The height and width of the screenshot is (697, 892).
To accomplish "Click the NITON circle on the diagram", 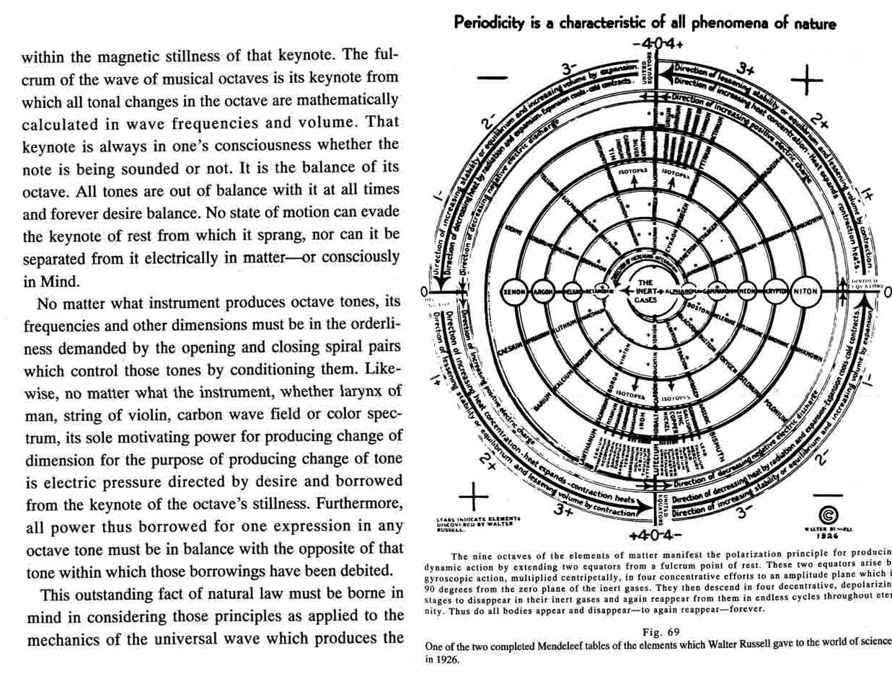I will (805, 292).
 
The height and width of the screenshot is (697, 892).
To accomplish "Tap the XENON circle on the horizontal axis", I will (515, 292).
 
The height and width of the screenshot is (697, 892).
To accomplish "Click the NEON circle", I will (749, 292).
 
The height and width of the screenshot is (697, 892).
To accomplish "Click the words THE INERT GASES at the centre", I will (645, 291).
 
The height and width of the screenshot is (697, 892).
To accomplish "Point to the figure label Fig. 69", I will (661, 632).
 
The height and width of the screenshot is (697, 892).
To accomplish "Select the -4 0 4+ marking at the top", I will (656, 40).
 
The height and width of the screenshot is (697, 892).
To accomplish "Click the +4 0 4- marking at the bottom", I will (654, 536).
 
